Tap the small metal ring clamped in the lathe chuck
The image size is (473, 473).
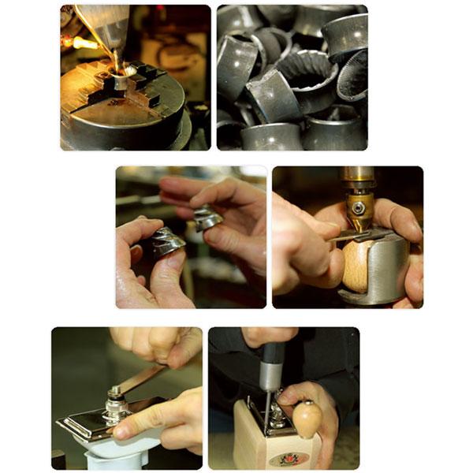120,82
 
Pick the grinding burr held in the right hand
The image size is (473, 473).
208,218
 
